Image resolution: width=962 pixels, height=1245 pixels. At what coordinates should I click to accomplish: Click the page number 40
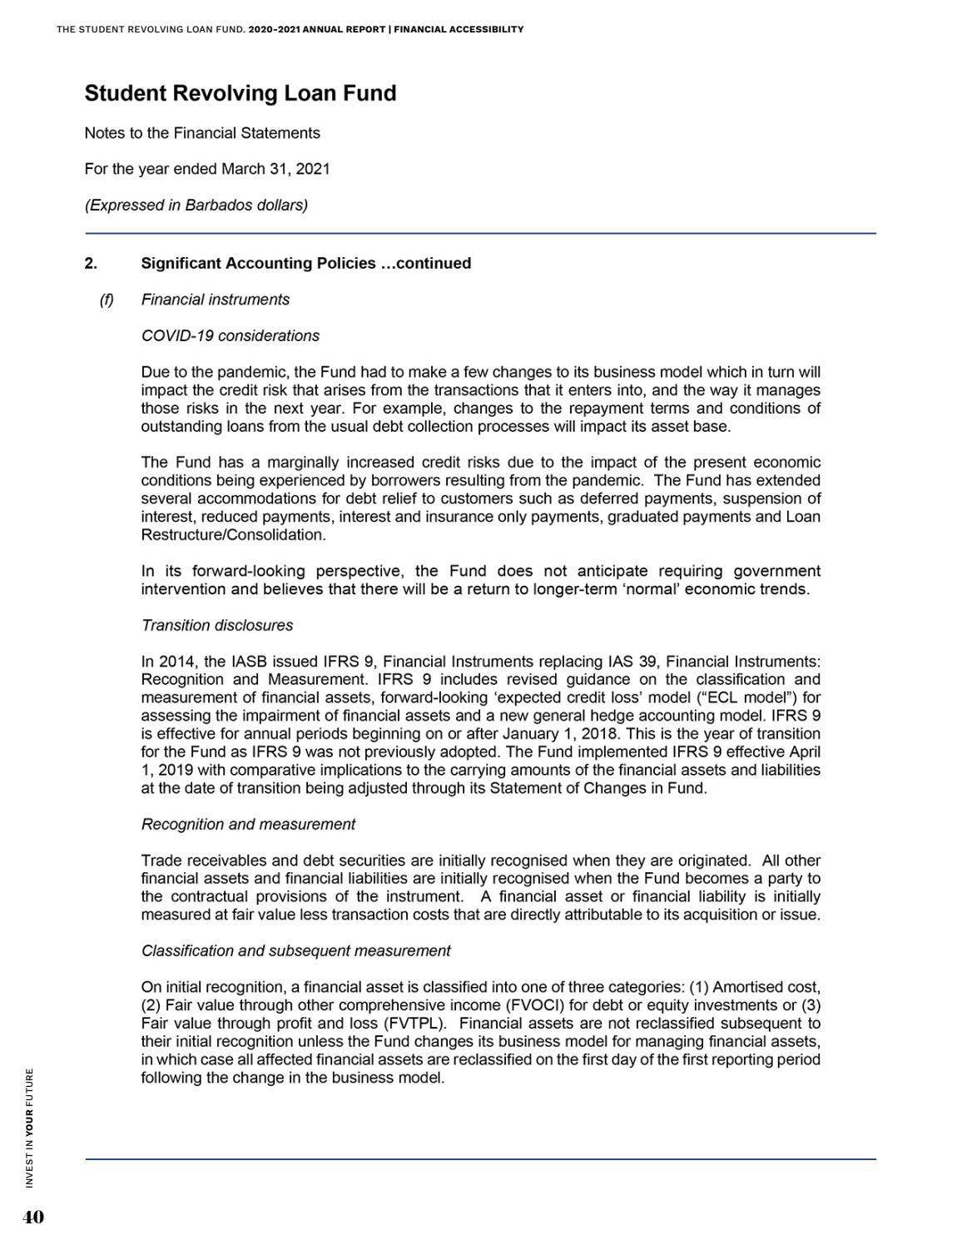pos(33,1218)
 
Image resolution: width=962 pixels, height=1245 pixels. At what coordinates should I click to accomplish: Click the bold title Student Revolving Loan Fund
pos(240,93)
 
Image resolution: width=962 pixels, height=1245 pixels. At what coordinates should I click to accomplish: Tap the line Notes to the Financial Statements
pos(202,133)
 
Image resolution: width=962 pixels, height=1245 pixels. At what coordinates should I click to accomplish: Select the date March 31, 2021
pos(275,169)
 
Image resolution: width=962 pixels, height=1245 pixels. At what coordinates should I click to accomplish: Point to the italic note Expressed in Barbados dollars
pos(196,206)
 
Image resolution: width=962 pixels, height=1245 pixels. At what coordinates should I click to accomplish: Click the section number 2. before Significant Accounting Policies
pos(91,264)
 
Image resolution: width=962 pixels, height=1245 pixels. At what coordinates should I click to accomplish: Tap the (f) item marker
pos(107,300)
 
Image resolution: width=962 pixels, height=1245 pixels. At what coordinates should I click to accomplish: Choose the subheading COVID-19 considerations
pos(231,336)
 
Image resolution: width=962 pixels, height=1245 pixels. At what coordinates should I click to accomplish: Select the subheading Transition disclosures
pos(217,625)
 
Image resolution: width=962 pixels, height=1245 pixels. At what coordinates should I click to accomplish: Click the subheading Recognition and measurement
pos(248,825)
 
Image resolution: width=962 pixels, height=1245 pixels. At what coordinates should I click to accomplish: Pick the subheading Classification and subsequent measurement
pos(296,950)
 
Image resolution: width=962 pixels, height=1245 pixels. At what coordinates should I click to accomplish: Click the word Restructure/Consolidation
pos(233,535)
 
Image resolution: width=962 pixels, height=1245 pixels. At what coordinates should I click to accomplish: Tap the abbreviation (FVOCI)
pos(535,1005)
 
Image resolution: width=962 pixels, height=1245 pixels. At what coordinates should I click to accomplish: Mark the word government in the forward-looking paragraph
pos(776,571)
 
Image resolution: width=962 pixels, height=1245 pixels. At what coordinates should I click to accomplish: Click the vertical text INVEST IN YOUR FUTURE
pos(30,1128)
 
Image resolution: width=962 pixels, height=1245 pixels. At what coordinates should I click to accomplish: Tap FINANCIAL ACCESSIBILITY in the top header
pos(459,29)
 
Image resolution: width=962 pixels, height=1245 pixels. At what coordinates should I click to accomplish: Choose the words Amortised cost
pos(765,987)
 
